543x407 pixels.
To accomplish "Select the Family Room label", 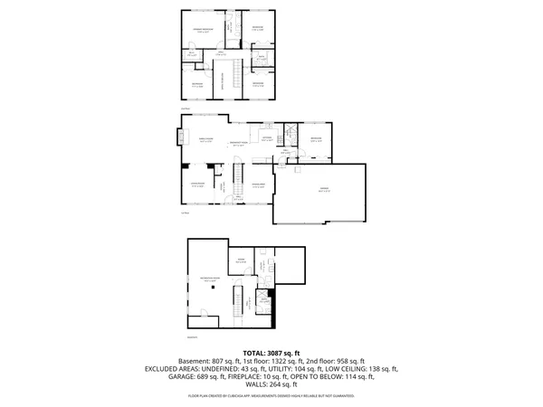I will [205, 141].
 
